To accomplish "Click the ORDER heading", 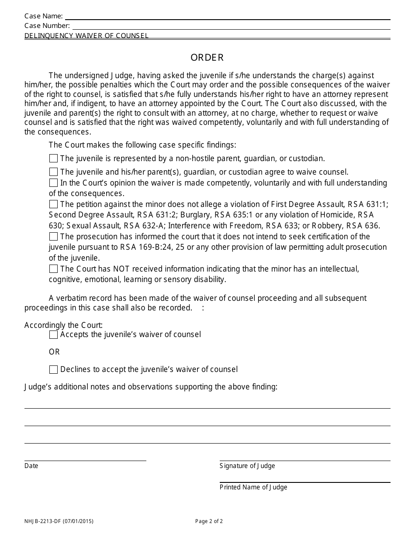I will [207, 58].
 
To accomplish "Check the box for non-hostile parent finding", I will [53, 158].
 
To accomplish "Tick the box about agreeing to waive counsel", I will [53, 172].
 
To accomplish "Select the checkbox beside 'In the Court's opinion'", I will [53, 183].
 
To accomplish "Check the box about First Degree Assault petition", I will [53, 204].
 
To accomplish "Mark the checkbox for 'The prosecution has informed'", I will [53, 237].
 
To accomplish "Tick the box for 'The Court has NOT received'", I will [53, 269].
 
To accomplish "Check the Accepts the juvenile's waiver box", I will [53, 335].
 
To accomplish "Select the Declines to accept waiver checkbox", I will [53, 370].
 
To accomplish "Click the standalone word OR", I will [54, 352].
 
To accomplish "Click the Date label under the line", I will [31, 466].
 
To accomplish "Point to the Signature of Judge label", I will [247, 466].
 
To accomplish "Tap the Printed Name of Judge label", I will [253, 488].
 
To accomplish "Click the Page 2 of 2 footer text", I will [209, 521].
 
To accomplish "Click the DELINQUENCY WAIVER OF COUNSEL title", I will [86, 36].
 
